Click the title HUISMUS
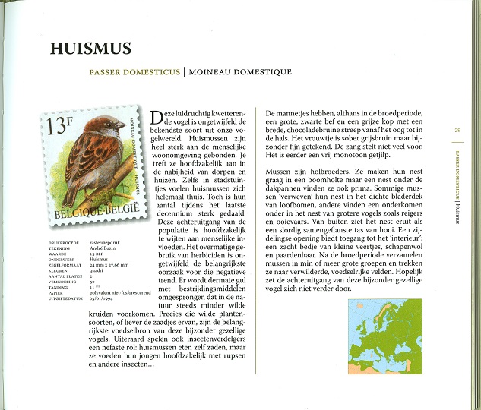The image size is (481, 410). tap(90, 49)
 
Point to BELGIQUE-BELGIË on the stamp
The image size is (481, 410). tap(97, 211)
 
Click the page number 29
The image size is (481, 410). tap(457, 130)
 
